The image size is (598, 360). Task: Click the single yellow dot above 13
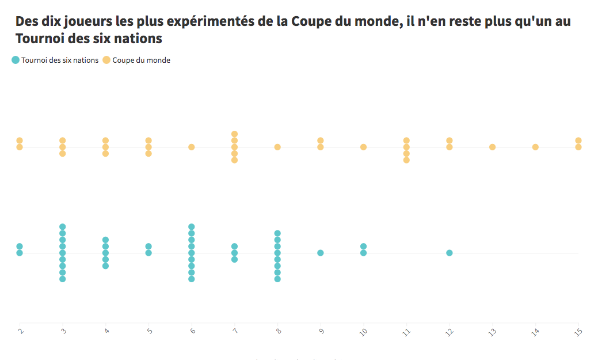tap(493, 147)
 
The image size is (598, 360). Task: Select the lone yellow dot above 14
tap(535, 147)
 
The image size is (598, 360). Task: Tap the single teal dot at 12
tap(450, 253)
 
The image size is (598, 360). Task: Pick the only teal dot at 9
tap(321, 253)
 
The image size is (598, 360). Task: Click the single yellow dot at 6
tap(192, 147)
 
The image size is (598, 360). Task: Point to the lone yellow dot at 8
tap(277, 147)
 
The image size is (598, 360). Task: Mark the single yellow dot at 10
tap(364, 147)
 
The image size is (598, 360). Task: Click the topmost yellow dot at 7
tap(235, 134)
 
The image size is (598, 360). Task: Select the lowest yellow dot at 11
tap(406, 160)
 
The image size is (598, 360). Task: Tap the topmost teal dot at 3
tap(63, 227)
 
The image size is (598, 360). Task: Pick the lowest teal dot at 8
tap(277, 279)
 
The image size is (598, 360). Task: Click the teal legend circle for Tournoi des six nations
tap(16, 60)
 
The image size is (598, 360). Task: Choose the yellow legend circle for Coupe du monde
tap(106, 60)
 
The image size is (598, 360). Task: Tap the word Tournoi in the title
tap(41, 39)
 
